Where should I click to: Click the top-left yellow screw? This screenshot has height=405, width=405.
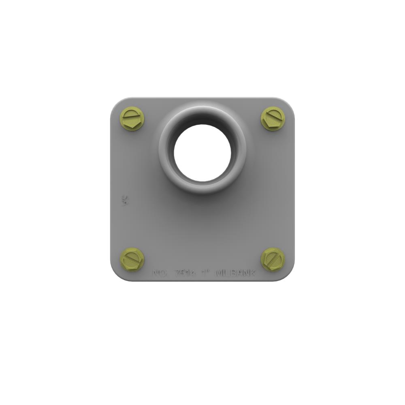(133, 119)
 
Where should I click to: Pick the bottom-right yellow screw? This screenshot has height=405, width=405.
(272, 259)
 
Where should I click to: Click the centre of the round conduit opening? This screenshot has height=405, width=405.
(202, 153)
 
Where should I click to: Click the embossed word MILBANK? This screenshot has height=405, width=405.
(236, 273)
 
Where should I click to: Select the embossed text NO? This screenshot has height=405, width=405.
(160, 273)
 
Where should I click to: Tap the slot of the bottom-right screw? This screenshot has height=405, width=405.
(272, 259)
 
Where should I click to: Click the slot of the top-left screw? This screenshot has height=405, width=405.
(133, 119)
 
